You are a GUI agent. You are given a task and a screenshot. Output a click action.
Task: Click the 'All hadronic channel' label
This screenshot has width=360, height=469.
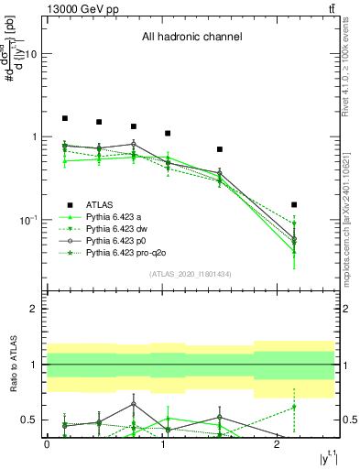click(191, 38)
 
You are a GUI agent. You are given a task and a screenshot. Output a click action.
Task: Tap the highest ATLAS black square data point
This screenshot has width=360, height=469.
click(65, 118)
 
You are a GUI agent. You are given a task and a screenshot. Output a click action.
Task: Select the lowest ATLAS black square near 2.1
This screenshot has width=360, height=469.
click(294, 204)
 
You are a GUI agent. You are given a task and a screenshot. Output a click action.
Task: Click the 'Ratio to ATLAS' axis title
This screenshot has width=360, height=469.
click(12, 365)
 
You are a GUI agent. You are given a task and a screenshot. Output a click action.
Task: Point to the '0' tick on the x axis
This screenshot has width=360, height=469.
click(47, 444)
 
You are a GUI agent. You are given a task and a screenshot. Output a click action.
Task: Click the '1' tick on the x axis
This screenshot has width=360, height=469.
click(162, 444)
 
